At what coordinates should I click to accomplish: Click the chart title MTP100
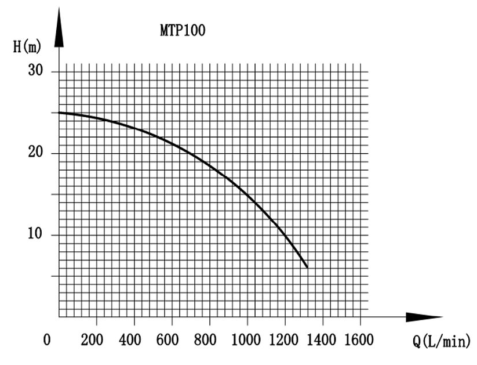(183, 31)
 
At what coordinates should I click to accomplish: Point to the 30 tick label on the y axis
(37, 71)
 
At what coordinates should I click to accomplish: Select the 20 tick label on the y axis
(37, 153)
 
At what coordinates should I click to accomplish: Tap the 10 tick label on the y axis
(37, 235)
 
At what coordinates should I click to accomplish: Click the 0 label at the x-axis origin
(47, 339)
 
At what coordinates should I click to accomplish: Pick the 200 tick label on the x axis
(92, 339)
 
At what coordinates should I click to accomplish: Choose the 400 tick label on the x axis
(130, 339)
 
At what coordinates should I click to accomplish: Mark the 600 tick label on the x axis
(168, 339)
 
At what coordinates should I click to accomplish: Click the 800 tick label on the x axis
(205, 339)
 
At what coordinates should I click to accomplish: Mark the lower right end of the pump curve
(307, 267)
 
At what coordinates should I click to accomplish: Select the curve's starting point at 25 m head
(60, 113)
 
